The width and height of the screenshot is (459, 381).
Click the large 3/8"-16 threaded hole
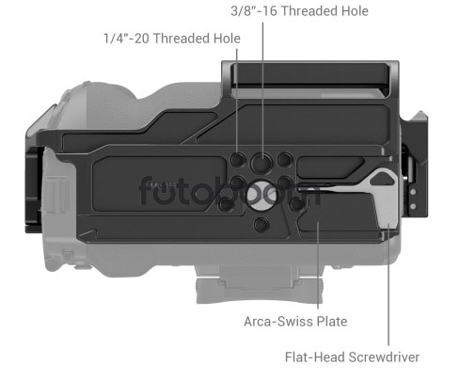pos(261,163)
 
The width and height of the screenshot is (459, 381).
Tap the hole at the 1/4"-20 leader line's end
pos(237,159)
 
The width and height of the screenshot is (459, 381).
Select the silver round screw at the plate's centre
pos(261,195)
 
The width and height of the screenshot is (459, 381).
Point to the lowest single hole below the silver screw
pos(261,225)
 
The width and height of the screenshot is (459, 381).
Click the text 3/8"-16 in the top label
pos(254,11)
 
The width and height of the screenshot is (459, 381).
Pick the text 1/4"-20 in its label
pos(126,39)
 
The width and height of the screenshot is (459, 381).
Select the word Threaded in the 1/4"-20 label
pos(182,39)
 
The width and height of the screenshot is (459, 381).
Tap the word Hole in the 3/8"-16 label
pos(354,11)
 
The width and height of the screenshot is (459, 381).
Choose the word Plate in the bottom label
pos(332,322)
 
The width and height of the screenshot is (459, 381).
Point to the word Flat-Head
pos(315,357)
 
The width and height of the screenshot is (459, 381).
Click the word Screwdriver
pos(384,357)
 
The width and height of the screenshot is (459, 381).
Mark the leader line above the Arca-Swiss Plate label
pos(318,265)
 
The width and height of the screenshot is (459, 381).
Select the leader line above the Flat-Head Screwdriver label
pos(388,284)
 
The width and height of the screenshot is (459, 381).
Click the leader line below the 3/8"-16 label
pos(262,91)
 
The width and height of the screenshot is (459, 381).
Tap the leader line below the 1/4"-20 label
pos(237,103)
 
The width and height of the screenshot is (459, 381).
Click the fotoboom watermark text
pos(229,191)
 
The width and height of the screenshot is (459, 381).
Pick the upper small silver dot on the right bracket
pos(414,192)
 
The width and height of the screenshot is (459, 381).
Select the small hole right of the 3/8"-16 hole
pos(285,159)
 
